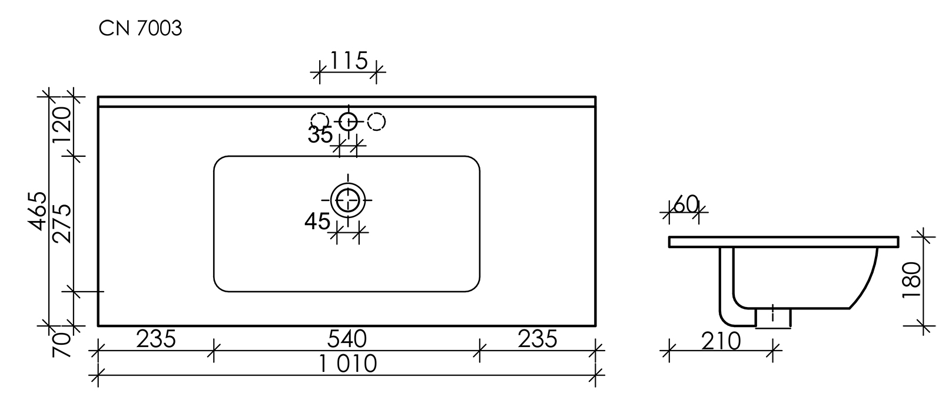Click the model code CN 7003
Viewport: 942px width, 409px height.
(x=140, y=28)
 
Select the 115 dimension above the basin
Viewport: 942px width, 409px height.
(x=349, y=60)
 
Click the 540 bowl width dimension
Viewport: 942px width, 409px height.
(x=348, y=339)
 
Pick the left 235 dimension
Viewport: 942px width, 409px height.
(x=156, y=339)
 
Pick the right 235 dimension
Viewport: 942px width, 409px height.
(x=537, y=339)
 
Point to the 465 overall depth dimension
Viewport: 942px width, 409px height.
(x=37, y=210)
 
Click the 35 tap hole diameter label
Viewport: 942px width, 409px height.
(x=320, y=135)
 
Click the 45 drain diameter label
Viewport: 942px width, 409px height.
(x=317, y=222)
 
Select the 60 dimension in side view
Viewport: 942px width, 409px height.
(x=685, y=204)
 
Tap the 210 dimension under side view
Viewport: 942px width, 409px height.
(x=721, y=341)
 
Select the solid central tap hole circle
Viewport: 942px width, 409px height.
(x=348, y=121)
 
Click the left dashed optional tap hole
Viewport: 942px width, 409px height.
(x=320, y=121)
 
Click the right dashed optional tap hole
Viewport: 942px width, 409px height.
(x=376, y=121)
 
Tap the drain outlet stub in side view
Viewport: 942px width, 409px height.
(x=773, y=318)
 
